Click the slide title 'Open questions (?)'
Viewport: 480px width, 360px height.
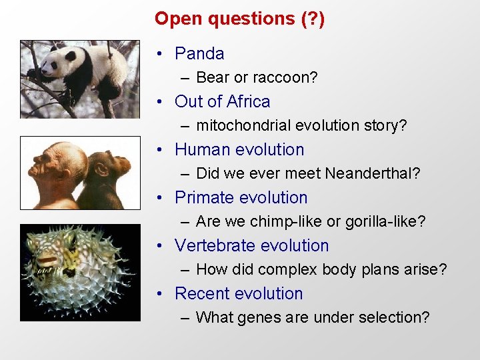click(x=239, y=18)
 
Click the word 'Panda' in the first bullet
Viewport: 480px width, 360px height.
click(x=199, y=53)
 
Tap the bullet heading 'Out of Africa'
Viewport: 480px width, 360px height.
click(x=222, y=101)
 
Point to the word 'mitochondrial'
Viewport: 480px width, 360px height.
click(x=243, y=125)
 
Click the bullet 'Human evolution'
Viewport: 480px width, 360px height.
click(x=239, y=149)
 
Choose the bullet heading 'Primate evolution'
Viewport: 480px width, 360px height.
click(x=241, y=197)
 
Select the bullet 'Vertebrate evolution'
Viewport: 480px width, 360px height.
click(x=251, y=245)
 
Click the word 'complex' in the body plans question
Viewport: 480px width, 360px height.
click(x=285, y=269)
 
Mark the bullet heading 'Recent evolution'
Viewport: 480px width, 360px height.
click(x=238, y=293)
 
